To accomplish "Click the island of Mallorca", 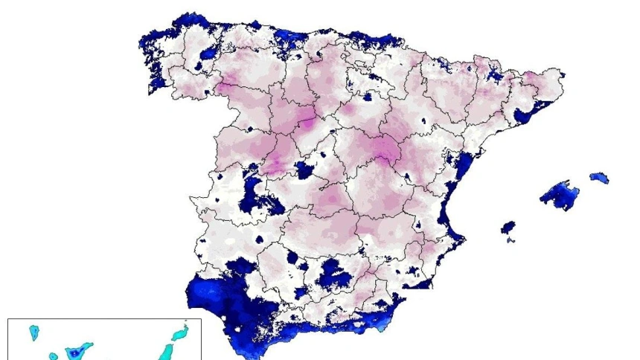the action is click(x=559, y=195).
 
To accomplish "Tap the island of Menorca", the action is click(x=599, y=178).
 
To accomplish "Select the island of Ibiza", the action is click(x=508, y=226).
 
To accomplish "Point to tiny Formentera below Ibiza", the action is click(x=511, y=240).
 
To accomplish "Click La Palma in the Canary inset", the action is click(x=34, y=331).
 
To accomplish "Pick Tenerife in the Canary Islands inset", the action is click(x=77, y=350).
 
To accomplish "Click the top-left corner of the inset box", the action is click(x=8, y=319).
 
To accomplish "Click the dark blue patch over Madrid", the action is click(x=304, y=170).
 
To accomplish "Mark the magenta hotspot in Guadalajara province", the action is click(x=384, y=154).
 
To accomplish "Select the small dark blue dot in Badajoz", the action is click(x=260, y=240).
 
